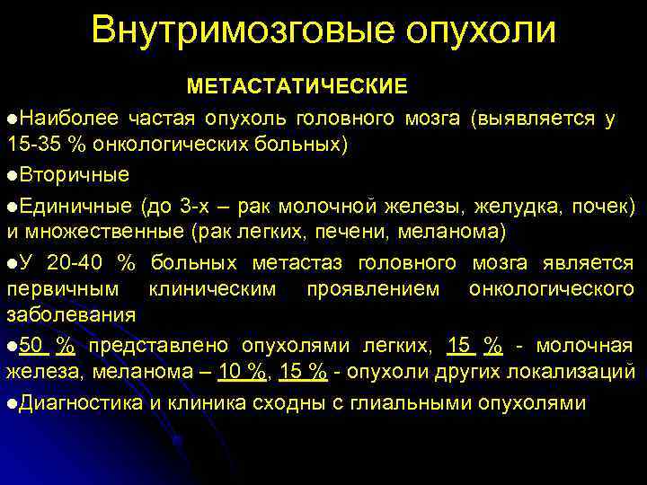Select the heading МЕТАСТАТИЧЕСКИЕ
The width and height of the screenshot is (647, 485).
297,86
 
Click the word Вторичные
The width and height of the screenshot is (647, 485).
74,173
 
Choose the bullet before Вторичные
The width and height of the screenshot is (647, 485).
12,174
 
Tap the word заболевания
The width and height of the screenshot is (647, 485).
71,316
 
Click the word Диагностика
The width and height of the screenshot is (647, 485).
79,402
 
